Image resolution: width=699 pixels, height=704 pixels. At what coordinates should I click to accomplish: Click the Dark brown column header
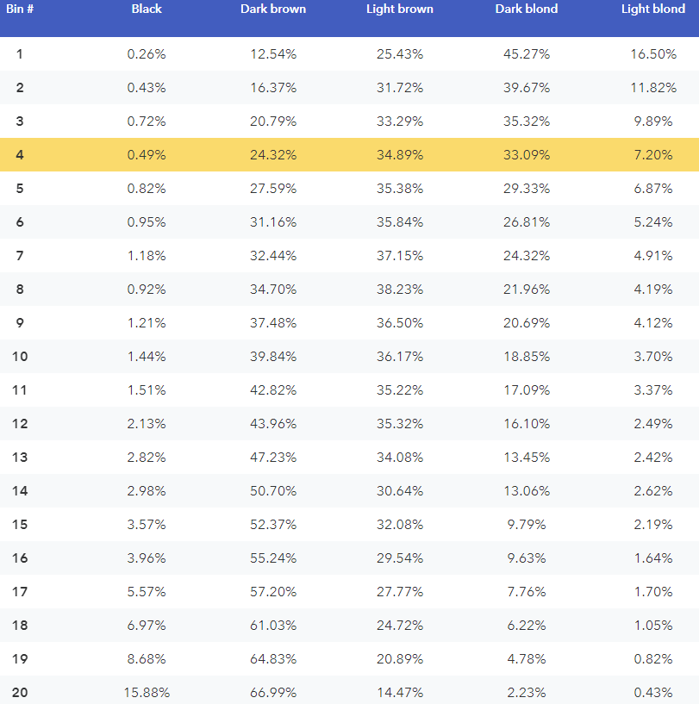(x=273, y=9)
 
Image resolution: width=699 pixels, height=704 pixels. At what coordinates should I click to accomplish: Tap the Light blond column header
(x=653, y=9)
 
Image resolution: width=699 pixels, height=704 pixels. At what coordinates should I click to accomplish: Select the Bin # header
(x=20, y=9)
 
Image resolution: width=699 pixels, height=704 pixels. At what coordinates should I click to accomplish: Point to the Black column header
(x=147, y=9)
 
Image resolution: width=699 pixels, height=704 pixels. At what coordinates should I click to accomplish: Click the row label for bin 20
(x=20, y=692)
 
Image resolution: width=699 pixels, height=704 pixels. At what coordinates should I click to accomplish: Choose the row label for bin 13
(x=20, y=457)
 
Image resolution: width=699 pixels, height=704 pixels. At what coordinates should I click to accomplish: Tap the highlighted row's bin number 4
(x=20, y=155)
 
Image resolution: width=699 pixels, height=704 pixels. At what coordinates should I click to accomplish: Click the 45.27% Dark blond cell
(x=527, y=54)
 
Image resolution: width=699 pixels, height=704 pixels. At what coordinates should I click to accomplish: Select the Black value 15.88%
(x=147, y=692)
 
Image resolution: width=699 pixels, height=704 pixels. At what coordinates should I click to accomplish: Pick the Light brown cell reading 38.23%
(x=400, y=290)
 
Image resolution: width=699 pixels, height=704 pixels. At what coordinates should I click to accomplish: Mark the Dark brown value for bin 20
(x=273, y=692)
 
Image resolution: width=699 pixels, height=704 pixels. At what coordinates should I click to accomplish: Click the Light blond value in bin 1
(x=653, y=54)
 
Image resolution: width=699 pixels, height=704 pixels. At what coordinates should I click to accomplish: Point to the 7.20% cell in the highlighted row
(x=653, y=155)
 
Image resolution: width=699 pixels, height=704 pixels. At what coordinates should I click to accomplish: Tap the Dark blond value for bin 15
(x=527, y=525)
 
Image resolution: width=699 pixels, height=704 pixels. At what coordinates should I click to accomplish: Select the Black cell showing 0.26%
(x=147, y=54)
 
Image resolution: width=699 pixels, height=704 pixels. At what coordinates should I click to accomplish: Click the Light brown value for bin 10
(x=400, y=357)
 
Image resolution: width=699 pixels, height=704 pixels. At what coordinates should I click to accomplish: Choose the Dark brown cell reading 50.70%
(x=273, y=491)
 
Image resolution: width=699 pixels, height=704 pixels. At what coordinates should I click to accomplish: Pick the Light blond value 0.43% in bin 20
(x=653, y=692)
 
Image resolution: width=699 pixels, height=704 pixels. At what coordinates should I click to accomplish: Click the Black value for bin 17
(x=147, y=592)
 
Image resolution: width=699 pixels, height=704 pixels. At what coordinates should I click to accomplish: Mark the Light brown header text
(x=400, y=9)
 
